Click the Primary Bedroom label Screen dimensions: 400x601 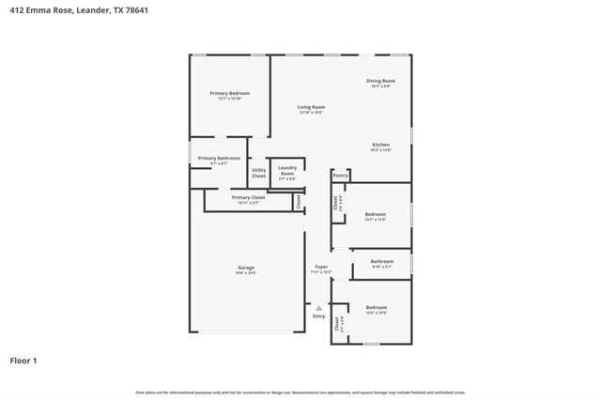point(230,93)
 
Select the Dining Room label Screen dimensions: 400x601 point(380,81)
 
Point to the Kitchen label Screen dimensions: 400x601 point(380,145)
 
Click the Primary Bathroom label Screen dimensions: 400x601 point(219,158)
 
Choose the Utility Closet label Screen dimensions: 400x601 point(258,173)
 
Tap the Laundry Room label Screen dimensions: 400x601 point(287,170)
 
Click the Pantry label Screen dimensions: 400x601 point(341,175)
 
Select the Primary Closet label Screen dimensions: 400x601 point(248,197)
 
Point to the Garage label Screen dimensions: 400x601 point(245,268)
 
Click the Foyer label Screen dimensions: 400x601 point(320,268)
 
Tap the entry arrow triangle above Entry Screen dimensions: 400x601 point(319,307)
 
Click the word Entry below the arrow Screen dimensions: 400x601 point(319,315)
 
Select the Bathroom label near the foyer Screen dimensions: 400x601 point(381,261)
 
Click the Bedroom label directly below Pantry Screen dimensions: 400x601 point(376,215)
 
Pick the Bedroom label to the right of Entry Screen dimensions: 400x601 point(377,308)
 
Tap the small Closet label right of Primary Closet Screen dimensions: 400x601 point(299,200)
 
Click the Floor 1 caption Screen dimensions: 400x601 point(24,360)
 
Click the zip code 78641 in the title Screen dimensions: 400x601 point(134,10)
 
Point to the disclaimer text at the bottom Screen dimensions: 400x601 point(300,392)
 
